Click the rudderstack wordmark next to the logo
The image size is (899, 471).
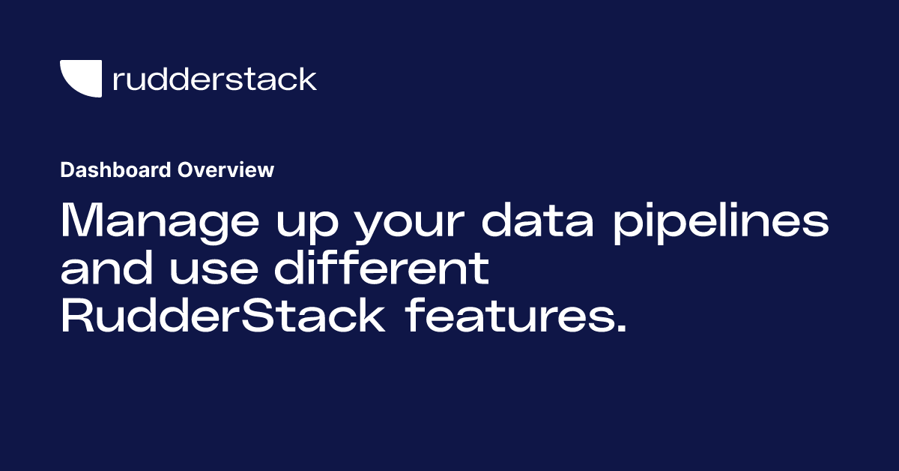[x=214, y=79]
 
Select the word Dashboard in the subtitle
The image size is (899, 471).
[x=116, y=170]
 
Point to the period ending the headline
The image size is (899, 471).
[x=619, y=329]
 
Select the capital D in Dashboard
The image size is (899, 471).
[x=66, y=170]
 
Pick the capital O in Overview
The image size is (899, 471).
[x=184, y=170]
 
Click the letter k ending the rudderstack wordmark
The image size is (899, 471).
[x=309, y=78]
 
